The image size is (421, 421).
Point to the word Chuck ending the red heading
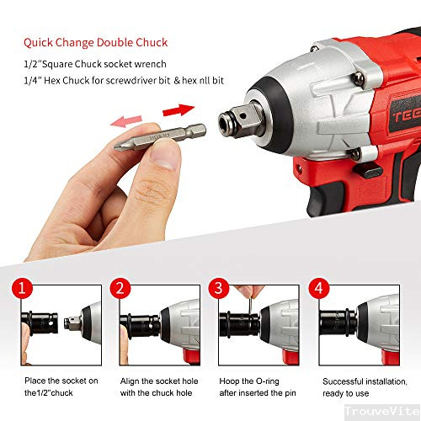click(152, 42)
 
